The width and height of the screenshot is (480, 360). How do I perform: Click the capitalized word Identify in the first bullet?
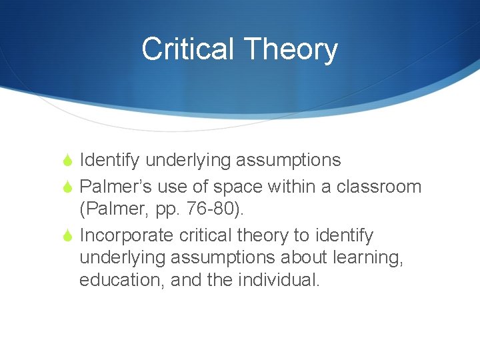(x=109, y=161)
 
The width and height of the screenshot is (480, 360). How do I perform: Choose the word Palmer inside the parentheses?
(x=116, y=209)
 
